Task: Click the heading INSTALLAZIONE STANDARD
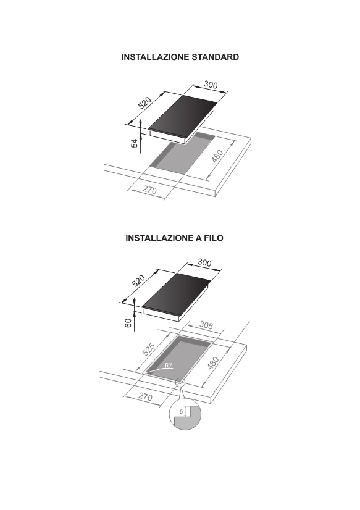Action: click(180, 57)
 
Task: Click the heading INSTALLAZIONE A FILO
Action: click(174, 238)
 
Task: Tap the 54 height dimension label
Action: click(135, 143)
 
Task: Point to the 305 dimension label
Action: click(206, 325)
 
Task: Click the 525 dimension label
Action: click(149, 349)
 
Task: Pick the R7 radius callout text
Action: click(168, 366)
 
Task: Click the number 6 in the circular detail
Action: click(181, 411)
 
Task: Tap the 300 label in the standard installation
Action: click(211, 85)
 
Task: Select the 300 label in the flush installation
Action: click(204, 262)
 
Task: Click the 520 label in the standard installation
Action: click(144, 102)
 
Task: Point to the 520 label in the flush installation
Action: click(138, 281)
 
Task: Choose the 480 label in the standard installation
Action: click(217, 156)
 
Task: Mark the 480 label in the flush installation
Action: click(212, 363)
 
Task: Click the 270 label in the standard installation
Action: click(149, 190)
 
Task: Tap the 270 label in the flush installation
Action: click(145, 397)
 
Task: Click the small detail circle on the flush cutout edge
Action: click(180, 382)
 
